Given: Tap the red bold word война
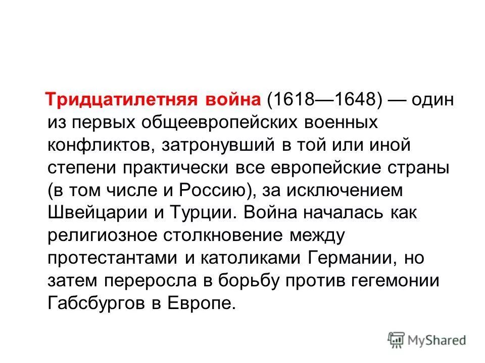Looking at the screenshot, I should point(234,99).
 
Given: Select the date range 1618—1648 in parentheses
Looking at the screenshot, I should point(321,99).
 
